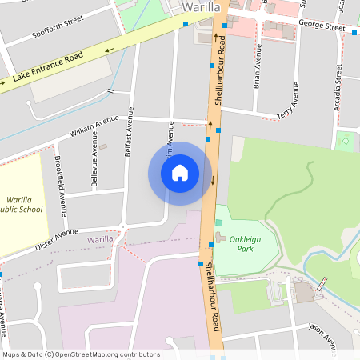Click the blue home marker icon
180,173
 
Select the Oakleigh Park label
246,243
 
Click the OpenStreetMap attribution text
80,354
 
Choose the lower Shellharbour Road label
213,297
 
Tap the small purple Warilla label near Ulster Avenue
100,239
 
